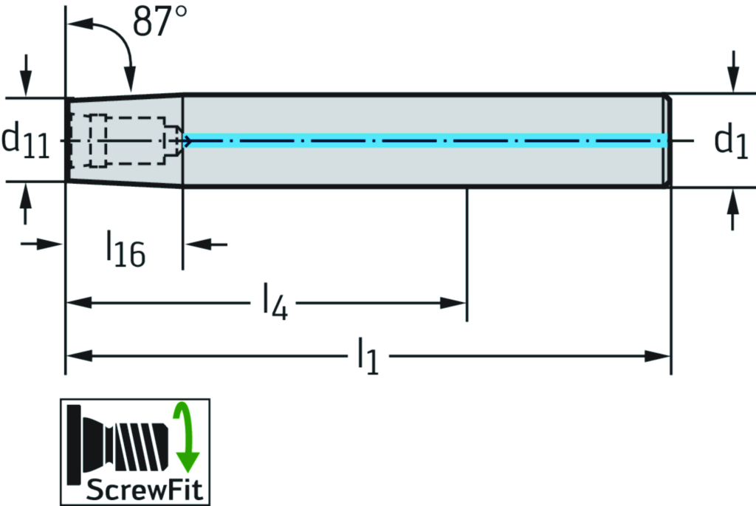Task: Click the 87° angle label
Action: [x=159, y=23]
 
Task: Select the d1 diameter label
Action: [x=731, y=140]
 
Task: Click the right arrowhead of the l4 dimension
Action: [x=455, y=302]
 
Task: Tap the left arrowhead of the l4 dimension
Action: [x=78, y=302]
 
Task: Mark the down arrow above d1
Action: [x=732, y=78]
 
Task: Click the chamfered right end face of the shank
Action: [x=668, y=140]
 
